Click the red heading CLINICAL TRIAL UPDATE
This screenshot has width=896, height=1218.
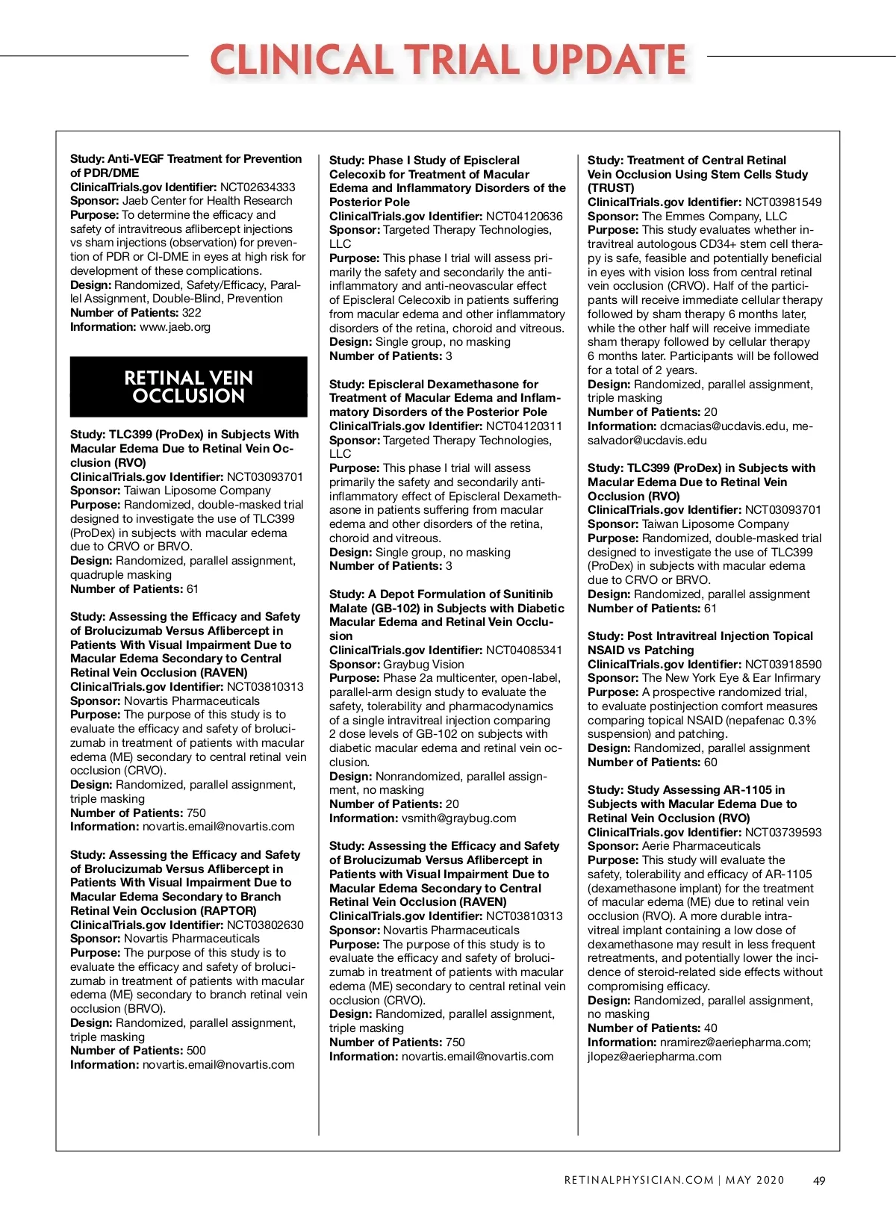[x=448, y=60]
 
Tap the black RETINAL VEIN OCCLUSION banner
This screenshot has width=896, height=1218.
[x=188, y=387]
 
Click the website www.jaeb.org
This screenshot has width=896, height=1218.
[x=176, y=327]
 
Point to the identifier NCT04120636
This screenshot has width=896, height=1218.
[x=524, y=216]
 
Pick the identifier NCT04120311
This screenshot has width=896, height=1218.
[x=524, y=426]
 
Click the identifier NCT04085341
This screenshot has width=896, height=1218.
[x=524, y=650]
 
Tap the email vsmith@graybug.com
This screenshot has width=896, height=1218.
[x=458, y=818]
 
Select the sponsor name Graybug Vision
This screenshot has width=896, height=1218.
[x=423, y=665]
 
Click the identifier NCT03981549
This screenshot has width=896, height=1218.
[x=783, y=202]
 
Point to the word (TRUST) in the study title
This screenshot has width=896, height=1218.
[x=611, y=188]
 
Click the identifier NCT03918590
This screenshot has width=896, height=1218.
[x=783, y=664]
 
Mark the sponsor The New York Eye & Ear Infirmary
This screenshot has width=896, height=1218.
[x=731, y=678]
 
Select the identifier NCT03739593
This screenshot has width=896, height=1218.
[x=783, y=832]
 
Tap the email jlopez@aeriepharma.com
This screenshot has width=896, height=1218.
[x=654, y=1057]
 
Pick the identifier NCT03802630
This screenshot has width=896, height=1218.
[x=265, y=925]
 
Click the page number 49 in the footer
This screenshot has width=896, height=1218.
[x=819, y=1181]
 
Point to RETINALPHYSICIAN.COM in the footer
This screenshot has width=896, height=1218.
[x=638, y=1181]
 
